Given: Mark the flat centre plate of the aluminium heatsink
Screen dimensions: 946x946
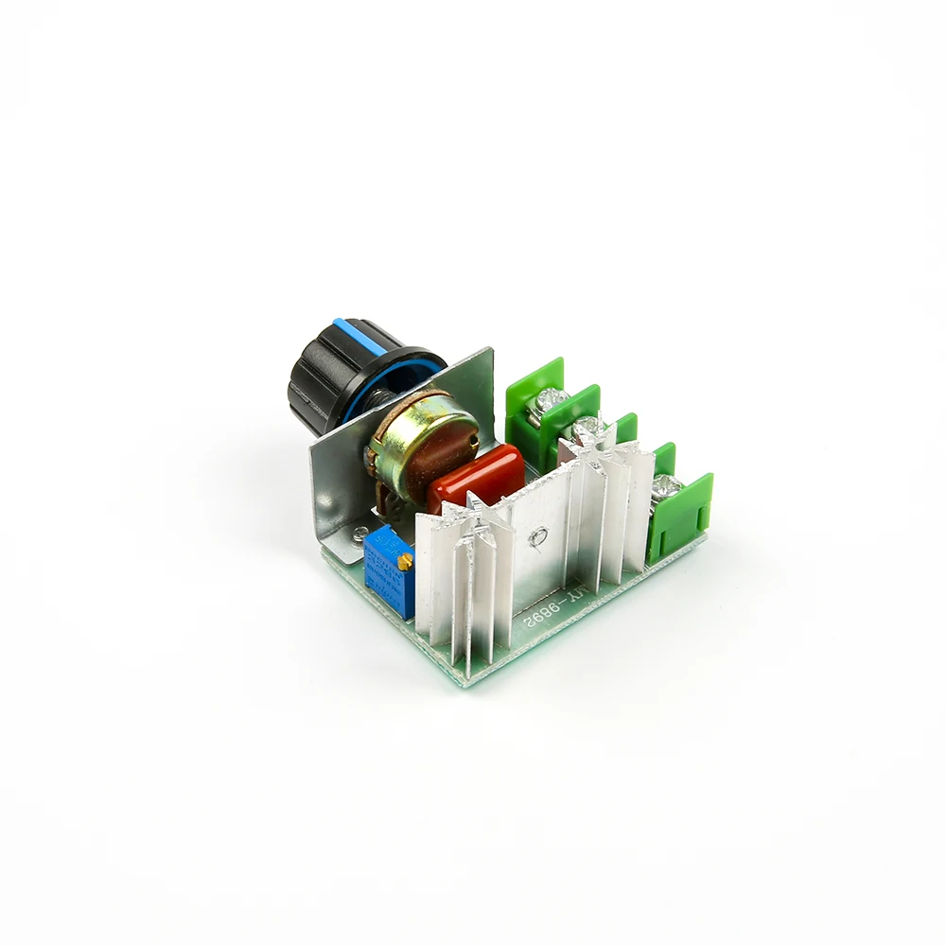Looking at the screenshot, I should tap(539, 558).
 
